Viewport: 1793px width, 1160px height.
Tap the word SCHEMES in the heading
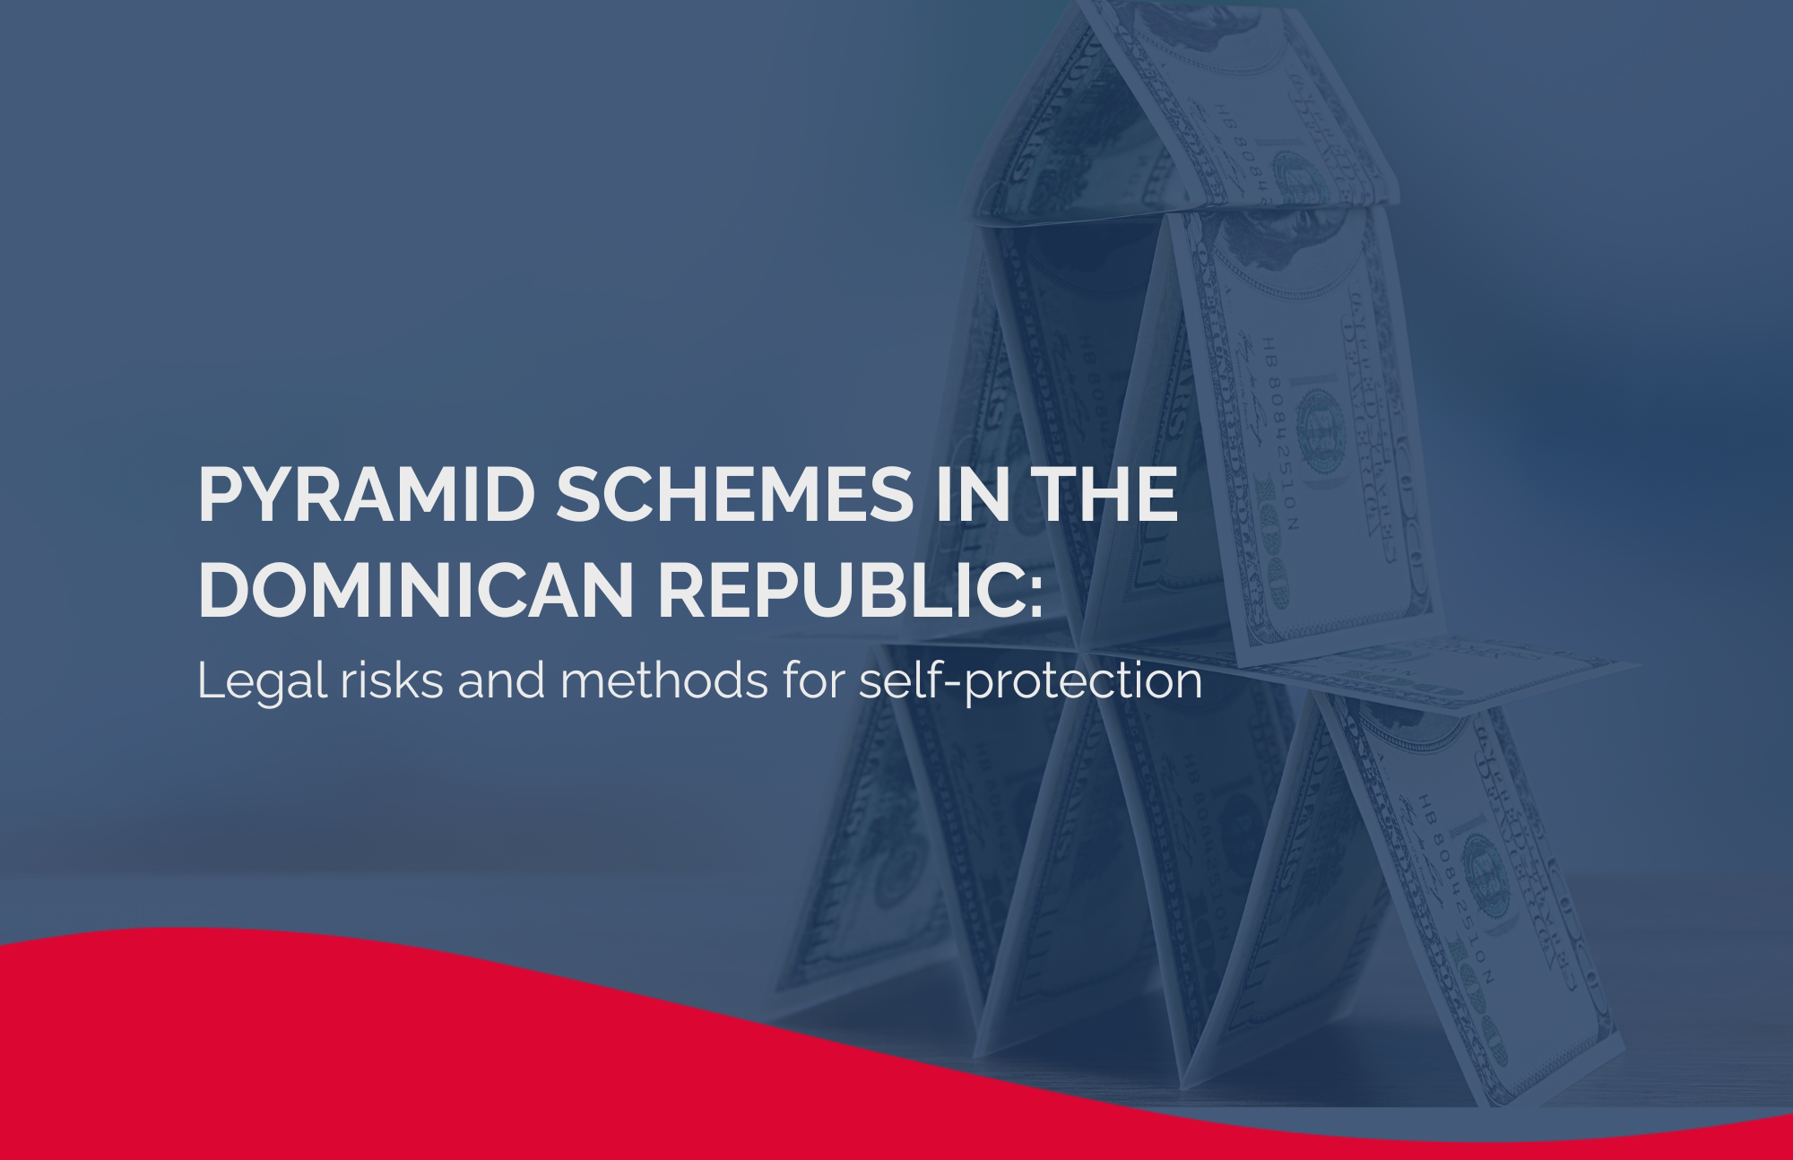pyautogui.click(x=733, y=494)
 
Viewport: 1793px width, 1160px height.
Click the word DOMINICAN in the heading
pyautogui.click(x=416, y=589)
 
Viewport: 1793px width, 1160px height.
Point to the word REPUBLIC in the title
pyautogui.click(x=837, y=589)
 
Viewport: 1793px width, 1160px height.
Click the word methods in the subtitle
pyautogui.click(x=664, y=680)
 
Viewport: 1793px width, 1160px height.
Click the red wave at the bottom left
pyautogui.click(x=269, y=1049)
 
